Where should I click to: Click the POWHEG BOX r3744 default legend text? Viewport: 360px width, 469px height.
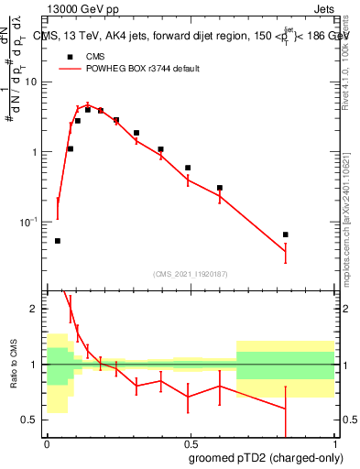tap(143, 69)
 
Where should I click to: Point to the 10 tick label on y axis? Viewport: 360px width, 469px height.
tap(32, 82)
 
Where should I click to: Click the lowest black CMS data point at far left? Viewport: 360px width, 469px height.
tap(58, 241)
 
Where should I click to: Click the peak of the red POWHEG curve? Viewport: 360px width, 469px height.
tap(87, 104)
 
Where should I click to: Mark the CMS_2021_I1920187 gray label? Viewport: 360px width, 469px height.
tap(190, 274)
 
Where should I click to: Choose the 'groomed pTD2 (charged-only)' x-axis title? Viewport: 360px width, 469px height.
tap(266, 458)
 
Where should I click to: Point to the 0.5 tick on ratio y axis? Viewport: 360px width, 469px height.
tap(32, 420)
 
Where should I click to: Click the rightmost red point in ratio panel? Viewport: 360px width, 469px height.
tap(286, 409)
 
